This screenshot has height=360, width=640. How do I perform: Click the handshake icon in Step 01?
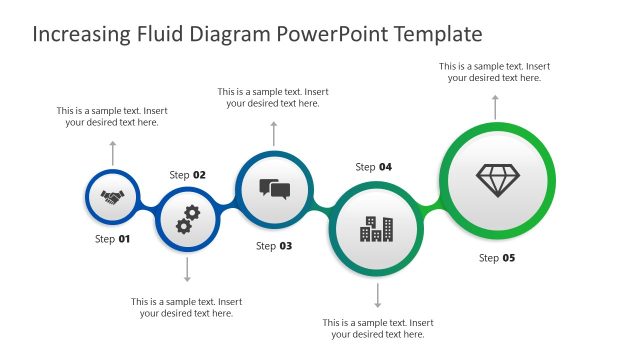click(x=112, y=199)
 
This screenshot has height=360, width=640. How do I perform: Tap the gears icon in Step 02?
click(x=187, y=218)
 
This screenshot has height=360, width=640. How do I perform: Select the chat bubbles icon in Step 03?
click(x=274, y=188)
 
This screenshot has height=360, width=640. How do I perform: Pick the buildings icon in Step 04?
click(x=377, y=229)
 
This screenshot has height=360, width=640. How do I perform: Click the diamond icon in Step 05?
click(x=497, y=180)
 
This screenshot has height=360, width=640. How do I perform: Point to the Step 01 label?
click(x=112, y=239)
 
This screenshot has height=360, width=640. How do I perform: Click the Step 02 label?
click(x=188, y=175)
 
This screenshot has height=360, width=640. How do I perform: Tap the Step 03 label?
click(x=274, y=246)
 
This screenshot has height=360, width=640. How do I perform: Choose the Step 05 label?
click(x=497, y=258)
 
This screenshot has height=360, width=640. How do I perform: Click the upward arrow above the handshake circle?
click(x=112, y=153)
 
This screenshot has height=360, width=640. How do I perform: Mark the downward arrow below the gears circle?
click(x=187, y=270)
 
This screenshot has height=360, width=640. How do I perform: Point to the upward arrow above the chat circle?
click(x=274, y=133)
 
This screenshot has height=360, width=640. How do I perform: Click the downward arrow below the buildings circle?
click(x=377, y=296)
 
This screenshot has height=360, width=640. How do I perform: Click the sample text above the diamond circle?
click(x=495, y=71)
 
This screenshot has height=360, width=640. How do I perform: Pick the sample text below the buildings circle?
click(x=378, y=328)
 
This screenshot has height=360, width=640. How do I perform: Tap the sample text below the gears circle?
click(x=187, y=307)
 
